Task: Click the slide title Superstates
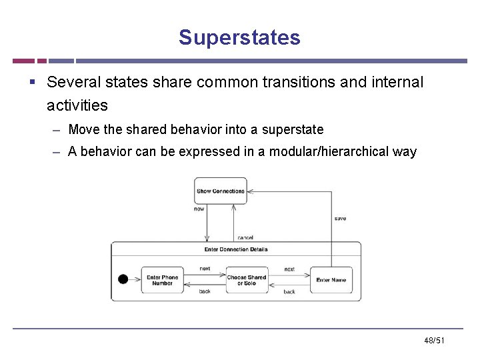coord(239,37)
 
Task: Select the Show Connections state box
coord(220,191)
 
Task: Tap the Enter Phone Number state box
coord(162,280)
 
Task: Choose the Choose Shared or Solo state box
coord(247,280)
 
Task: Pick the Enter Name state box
coord(331,280)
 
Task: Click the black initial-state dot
coord(123,279)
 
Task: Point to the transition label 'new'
coord(199,209)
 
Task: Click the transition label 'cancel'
coord(245,237)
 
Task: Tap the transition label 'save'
coord(340,219)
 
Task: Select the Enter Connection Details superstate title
coord(236,249)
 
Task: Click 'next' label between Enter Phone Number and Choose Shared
coord(205,269)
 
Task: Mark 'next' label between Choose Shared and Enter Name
coord(289,269)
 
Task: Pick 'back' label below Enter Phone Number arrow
coord(205,291)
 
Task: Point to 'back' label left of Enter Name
coord(289,292)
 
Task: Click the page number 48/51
coord(434,341)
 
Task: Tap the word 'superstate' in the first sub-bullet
coord(292,129)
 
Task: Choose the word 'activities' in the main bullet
coord(77,105)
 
